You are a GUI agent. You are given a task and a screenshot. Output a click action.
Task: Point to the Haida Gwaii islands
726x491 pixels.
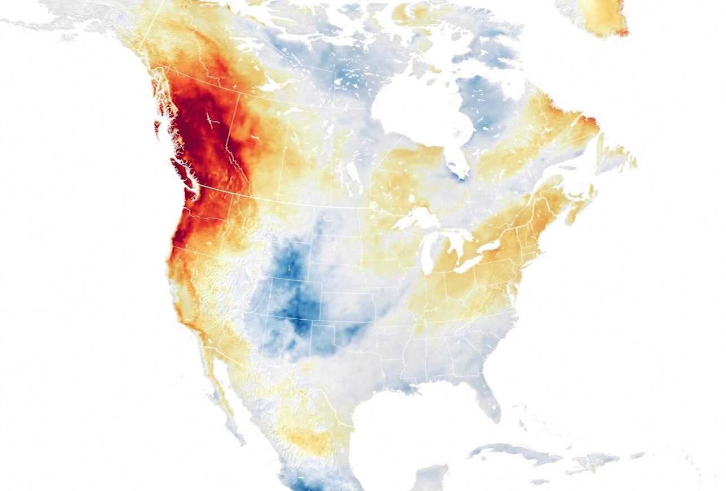[x=156, y=129]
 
